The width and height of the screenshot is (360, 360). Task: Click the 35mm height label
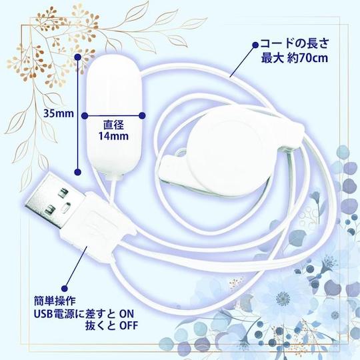pos(59,113)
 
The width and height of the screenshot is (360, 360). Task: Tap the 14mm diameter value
pos(113,136)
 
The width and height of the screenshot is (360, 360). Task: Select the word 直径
pos(113,125)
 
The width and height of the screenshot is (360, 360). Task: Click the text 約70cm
pos(307,58)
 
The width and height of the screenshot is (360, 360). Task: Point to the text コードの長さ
pos(295,43)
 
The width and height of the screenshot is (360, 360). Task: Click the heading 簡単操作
pos(55,301)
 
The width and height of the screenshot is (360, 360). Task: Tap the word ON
pos(127,313)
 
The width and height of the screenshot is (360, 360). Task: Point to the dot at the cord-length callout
pos(255,45)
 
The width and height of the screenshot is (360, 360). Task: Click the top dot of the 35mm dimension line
pos(78,57)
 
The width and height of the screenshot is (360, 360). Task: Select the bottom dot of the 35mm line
pos(78,171)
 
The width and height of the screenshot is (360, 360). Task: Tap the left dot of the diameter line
pos(85,116)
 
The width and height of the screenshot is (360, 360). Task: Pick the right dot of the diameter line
pos(143,116)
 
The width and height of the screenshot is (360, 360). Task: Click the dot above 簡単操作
pos(65,289)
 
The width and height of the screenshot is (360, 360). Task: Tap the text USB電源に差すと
pos(75,313)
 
